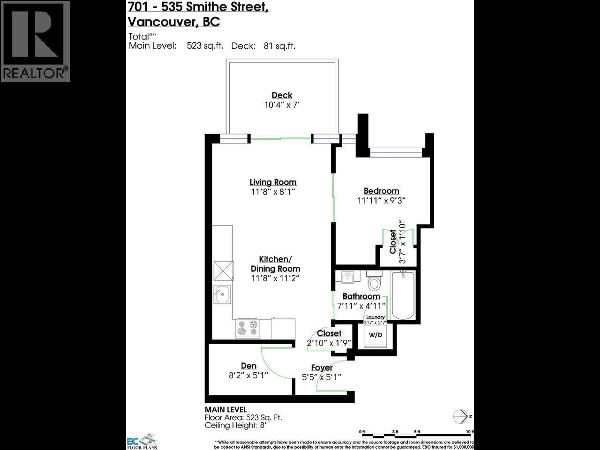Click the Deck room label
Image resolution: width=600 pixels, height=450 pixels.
tap(282, 95)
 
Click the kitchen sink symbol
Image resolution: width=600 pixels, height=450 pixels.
tap(222, 294)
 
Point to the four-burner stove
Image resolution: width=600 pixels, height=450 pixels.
tap(247, 328)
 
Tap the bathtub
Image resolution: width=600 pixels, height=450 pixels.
tap(403, 296)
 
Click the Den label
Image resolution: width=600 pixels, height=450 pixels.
tap(248, 366)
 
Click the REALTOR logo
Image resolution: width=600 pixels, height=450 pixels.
tap(35, 41)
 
